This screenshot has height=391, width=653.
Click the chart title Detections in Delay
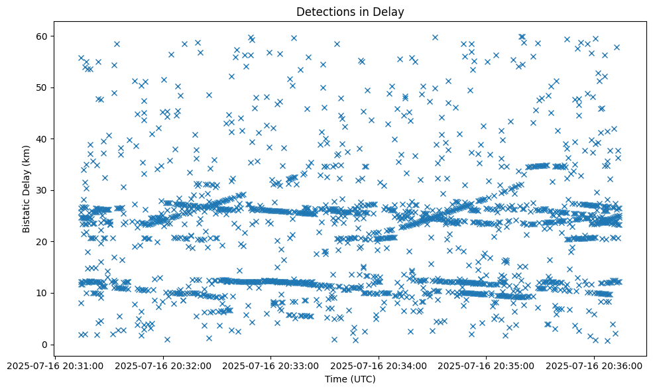point(350,11)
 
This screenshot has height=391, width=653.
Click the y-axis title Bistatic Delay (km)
point(27,190)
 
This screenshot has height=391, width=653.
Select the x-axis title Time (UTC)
point(350,379)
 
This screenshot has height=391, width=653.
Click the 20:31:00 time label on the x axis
point(55,365)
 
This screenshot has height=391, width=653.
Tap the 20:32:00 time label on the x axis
point(163,365)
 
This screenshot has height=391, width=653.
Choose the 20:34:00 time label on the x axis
point(379,365)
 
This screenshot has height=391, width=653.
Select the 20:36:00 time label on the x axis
point(594,365)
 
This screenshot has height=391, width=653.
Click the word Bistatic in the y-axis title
point(27,213)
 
